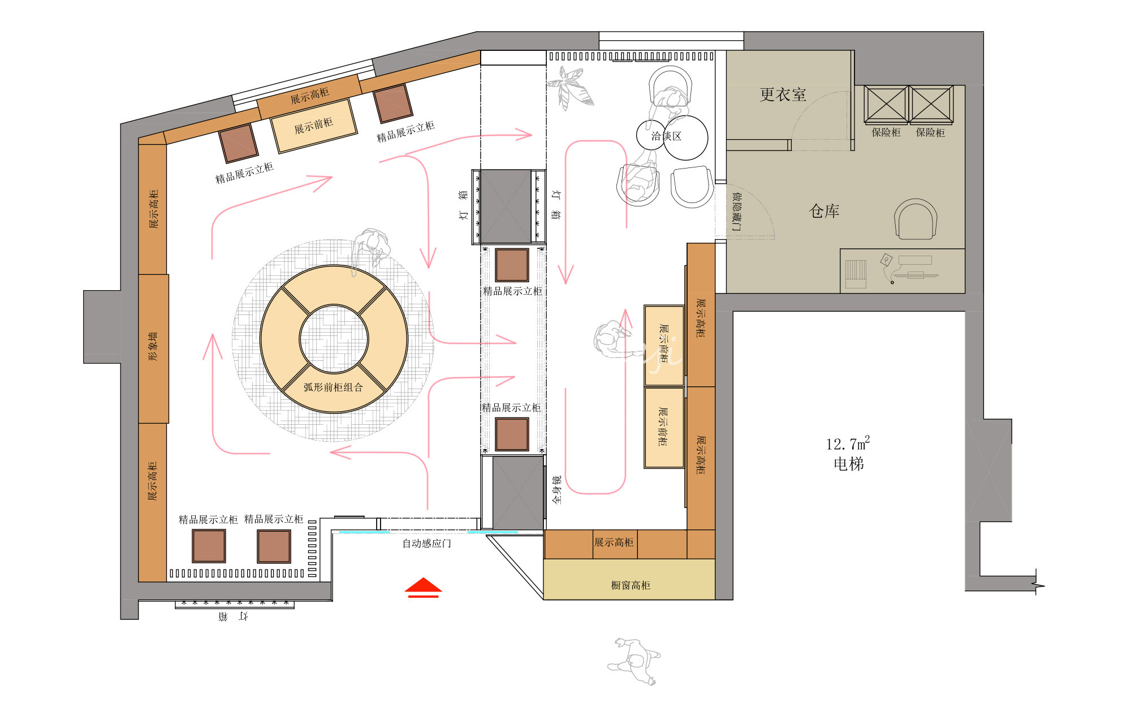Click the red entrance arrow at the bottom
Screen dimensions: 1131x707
[x=423, y=588]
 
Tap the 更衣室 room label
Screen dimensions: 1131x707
[x=783, y=94]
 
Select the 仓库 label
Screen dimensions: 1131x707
[x=824, y=211]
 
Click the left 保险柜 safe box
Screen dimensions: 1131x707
[x=886, y=105]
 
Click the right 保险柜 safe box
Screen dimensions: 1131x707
[x=931, y=105]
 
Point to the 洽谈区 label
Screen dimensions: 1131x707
[x=666, y=136]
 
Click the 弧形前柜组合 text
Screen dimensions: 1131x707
[x=333, y=387]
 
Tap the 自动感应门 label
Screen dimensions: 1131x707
[x=426, y=544]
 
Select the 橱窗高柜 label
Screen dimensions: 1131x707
[x=631, y=585]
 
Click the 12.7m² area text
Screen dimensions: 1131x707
[x=848, y=443]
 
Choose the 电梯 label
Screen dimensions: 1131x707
[x=849, y=464]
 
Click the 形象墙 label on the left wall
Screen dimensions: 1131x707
[x=153, y=347]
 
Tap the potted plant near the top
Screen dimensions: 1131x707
[x=571, y=88]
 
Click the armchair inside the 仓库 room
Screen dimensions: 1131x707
[x=916, y=219]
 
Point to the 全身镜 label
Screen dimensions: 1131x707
[x=557, y=490]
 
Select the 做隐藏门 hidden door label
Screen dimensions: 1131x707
[x=736, y=211]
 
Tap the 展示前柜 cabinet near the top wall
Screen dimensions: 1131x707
[x=314, y=126]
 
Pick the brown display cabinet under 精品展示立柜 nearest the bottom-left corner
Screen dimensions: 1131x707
[x=209, y=546]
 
